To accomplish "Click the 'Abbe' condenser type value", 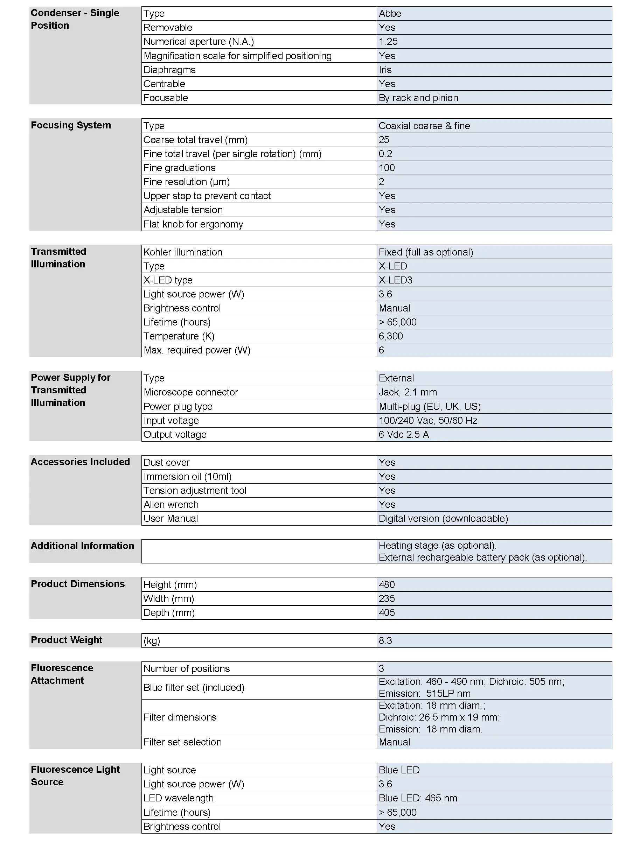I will [390, 14].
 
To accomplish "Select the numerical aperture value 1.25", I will [388, 42].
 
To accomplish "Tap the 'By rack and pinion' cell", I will [418, 98].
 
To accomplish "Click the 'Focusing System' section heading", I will [71, 125].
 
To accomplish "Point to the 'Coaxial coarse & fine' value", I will [424, 126].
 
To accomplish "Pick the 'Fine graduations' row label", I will [179, 168].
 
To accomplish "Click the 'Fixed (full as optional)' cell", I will [425, 252].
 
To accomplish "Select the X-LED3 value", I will [395, 280].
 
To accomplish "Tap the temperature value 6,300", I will [390, 336].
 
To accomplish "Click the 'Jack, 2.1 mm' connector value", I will [408, 392].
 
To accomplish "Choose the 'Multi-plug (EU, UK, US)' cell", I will [429, 406].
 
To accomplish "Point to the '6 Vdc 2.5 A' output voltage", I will [403, 435].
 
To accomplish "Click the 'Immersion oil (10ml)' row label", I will [187, 476].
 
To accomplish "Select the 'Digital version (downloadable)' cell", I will [443, 519].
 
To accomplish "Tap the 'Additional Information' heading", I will [82, 546].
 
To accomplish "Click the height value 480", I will [387, 584].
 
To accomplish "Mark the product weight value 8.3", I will [385, 640].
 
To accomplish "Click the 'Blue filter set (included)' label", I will [194, 687].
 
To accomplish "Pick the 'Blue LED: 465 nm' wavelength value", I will [418, 798].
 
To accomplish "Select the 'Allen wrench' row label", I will [171, 505].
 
